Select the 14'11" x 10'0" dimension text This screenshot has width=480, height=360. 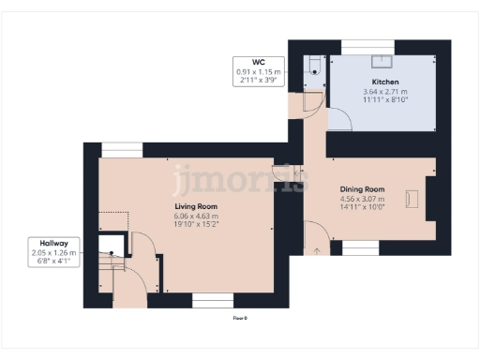362,207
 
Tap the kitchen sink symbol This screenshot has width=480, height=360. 382,61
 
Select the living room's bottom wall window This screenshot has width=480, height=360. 213,300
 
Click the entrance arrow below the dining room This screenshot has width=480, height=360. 316,249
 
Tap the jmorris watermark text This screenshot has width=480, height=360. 239,178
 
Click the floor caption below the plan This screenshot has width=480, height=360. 239,319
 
